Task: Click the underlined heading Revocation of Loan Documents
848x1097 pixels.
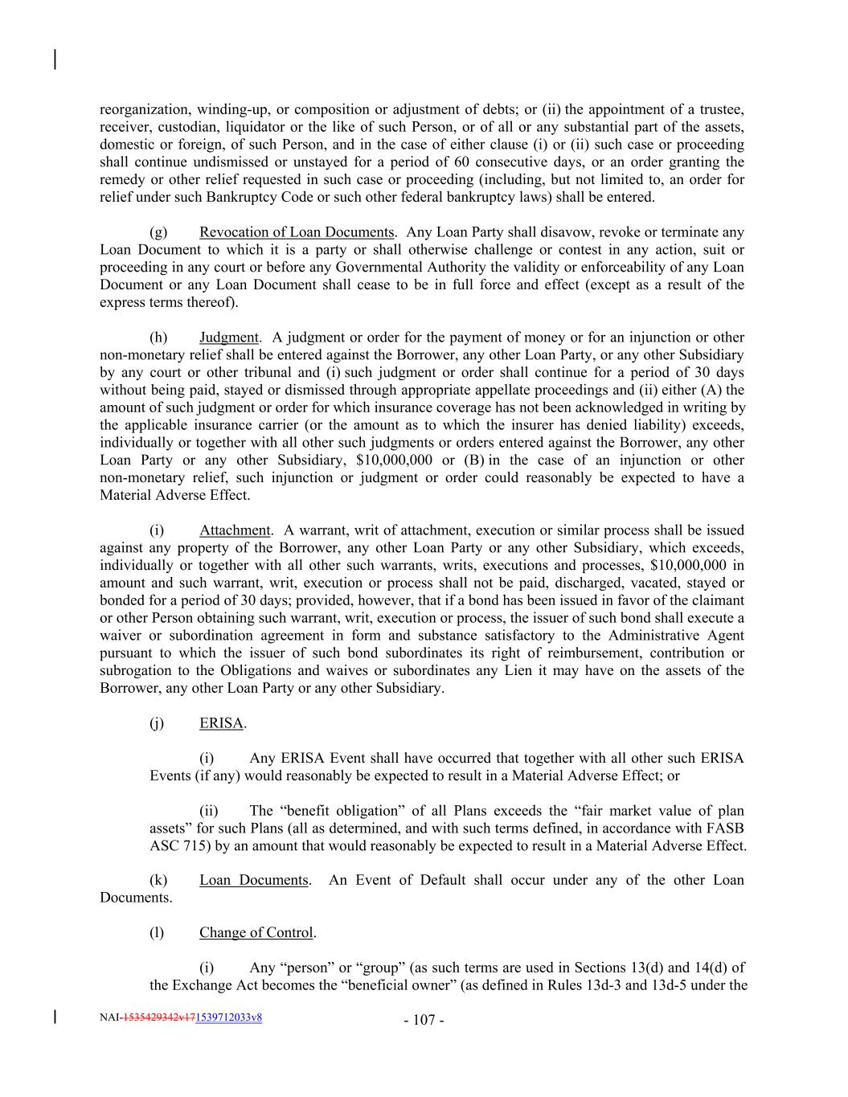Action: tap(297, 232)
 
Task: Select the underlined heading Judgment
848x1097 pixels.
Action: tap(229, 338)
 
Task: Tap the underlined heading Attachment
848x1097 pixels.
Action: tap(235, 530)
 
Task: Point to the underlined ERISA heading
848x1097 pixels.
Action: tap(221, 723)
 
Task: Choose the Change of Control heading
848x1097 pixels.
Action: tap(256, 933)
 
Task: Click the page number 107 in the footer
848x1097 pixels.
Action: tap(424, 1021)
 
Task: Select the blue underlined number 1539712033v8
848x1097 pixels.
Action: tap(229, 1017)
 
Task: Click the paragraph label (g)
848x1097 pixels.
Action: tap(158, 232)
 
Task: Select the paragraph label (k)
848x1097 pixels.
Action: tap(158, 880)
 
